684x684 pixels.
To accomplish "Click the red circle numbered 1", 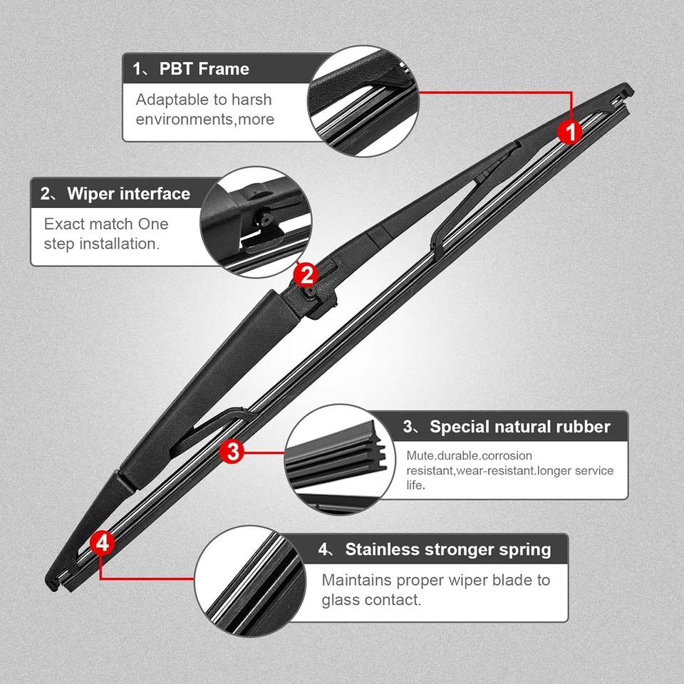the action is [570, 131].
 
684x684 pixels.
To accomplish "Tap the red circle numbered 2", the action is [305, 273].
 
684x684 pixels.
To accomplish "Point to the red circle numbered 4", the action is [103, 543].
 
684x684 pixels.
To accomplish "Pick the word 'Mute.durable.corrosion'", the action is [470, 455].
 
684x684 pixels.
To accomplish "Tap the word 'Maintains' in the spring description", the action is [356, 580].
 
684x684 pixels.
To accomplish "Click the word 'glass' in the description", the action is [340, 600].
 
